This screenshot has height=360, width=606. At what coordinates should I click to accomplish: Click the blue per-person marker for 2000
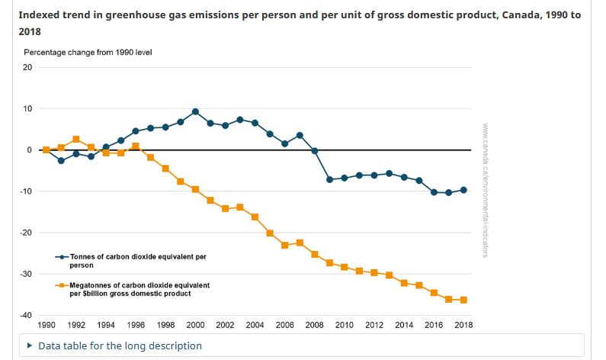click(195, 111)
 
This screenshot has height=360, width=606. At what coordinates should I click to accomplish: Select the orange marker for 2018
click(463, 300)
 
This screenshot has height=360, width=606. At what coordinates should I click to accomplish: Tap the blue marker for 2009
click(329, 179)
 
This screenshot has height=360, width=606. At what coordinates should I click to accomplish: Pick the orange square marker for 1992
click(76, 140)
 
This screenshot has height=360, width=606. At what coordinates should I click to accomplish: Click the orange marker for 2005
click(270, 233)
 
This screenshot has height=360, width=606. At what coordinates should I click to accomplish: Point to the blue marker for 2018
click(463, 190)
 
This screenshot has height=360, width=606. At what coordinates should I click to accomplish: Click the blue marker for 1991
click(61, 161)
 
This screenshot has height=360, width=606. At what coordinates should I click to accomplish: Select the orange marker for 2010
click(345, 267)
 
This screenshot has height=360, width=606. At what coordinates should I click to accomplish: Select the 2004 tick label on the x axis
click(255, 325)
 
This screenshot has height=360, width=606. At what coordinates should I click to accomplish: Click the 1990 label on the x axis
click(46, 325)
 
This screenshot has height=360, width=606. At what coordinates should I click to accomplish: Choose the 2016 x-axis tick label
click(434, 325)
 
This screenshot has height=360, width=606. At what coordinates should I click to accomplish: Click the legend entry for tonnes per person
click(137, 261)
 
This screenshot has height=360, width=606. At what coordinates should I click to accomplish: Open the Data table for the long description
click(120, 346)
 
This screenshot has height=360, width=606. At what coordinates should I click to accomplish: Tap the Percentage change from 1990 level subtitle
click(88, 52)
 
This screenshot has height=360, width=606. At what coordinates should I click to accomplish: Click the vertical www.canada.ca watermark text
click(486, 191)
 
